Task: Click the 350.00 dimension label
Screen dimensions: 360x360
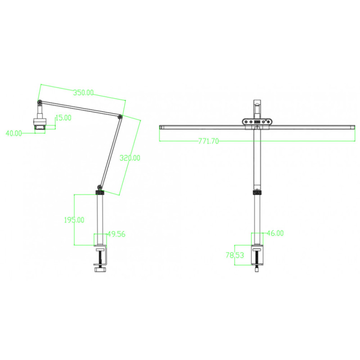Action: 83,93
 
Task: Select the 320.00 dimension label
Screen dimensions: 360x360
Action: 130,158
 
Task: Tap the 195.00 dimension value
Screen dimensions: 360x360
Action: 74,220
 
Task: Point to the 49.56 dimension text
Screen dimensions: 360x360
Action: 117,234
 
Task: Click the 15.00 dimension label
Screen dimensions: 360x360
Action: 63,118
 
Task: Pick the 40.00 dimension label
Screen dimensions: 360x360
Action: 13,133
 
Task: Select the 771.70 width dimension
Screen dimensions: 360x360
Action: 208,141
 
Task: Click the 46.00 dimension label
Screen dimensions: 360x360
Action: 275,233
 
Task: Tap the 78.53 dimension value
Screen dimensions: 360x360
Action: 234,255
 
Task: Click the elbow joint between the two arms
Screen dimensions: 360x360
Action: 120,117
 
